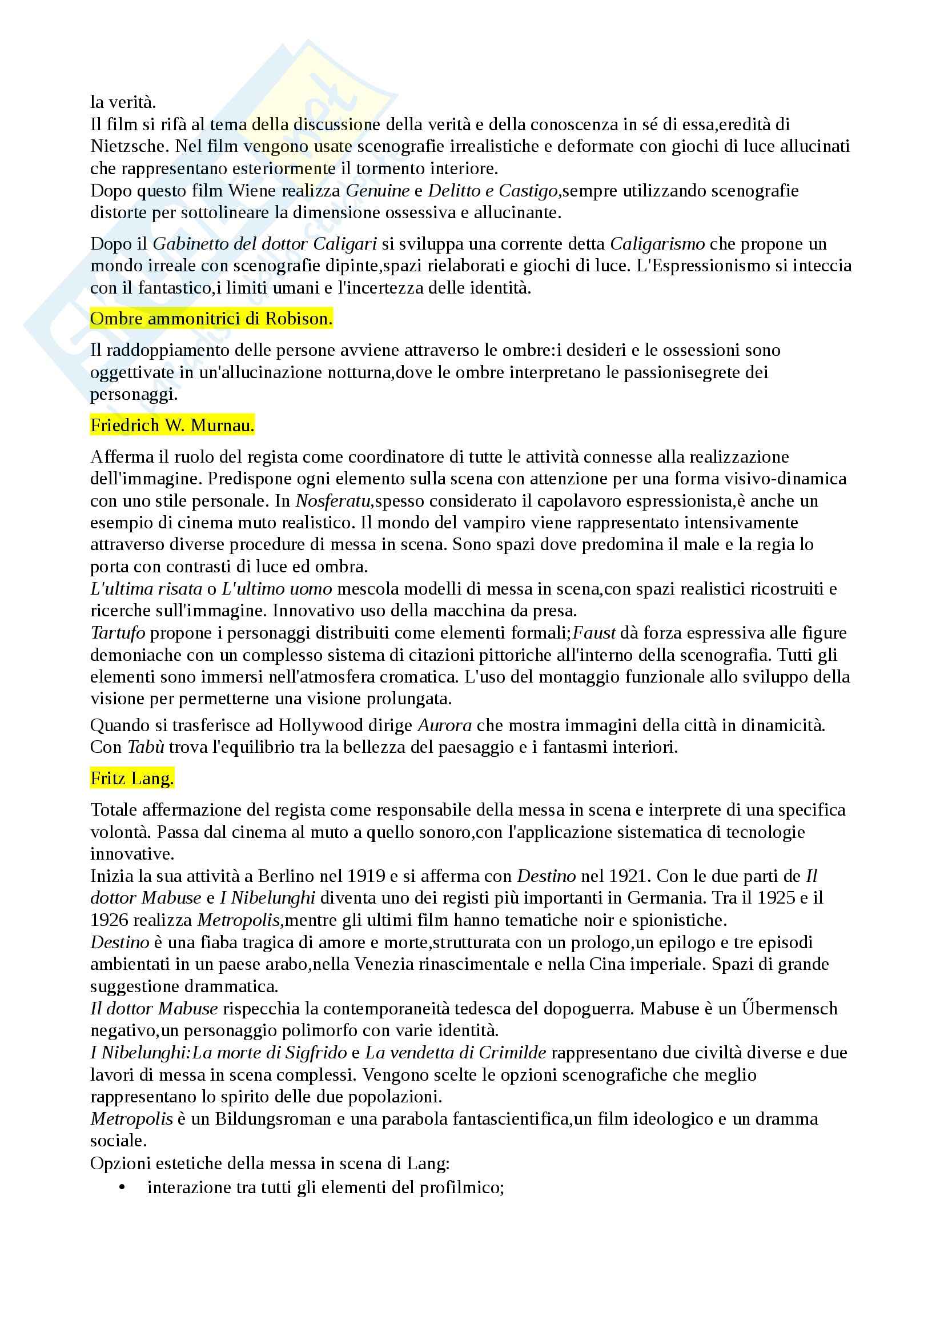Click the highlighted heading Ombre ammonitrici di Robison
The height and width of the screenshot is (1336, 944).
(211, 319)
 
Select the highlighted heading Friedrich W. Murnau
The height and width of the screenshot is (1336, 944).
(172, 426)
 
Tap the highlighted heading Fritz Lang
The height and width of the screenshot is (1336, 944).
(132, 779)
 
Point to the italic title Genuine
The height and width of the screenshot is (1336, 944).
(378, 190)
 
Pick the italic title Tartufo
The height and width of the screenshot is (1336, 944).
(118, 632)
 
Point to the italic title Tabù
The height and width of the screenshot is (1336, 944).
(146, 747)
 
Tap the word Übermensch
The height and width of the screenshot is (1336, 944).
(789, 1008)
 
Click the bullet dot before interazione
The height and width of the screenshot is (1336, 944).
(122, 1187)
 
